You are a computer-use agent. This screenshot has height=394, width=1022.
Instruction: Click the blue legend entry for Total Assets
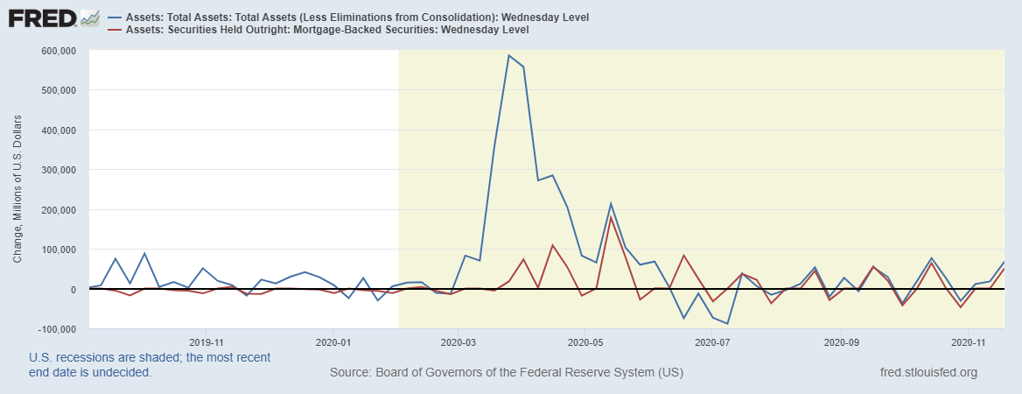[359, 18]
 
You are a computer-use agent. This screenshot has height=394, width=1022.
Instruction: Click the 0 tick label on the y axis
[75, 290]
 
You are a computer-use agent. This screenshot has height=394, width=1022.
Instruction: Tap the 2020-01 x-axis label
[332, 343]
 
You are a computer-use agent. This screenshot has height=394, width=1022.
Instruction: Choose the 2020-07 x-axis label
[712, 343]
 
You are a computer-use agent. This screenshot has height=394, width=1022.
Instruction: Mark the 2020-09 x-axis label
[840, 343]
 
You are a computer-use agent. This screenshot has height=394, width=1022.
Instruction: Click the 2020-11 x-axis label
[967, 343]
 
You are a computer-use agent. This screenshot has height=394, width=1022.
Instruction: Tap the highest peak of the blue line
[508, 55]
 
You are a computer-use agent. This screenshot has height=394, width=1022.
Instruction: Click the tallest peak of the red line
[611, 216]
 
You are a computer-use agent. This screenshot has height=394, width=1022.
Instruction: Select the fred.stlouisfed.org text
[927, 373]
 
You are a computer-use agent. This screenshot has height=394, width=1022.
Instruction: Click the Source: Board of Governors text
[507, 373]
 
